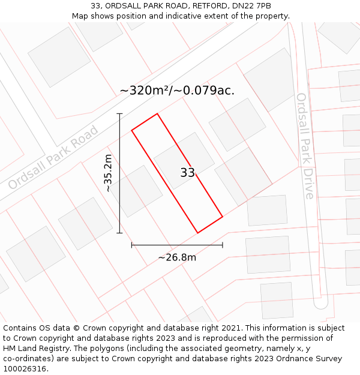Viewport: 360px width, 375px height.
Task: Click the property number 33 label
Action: point(187,173)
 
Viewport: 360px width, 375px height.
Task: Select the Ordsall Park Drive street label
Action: point(305,146)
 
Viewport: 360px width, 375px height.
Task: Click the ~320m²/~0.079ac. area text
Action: point(177,91)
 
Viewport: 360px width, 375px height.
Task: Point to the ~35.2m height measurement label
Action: point(108,173)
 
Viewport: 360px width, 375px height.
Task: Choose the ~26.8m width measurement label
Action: point(177,257)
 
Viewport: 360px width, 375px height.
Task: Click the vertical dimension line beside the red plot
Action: point(119,173)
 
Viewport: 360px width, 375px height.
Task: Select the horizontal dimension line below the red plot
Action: point(177,245)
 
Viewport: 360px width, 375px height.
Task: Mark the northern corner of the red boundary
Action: point(157,113)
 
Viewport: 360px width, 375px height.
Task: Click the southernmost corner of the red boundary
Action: point(197,233)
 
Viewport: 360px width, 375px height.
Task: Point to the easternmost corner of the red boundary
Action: point(223,217)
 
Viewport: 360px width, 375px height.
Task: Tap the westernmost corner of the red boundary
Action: point(131,129)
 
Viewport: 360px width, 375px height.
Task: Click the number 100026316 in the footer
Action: point(25,369)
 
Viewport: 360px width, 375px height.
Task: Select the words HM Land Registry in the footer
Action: point(35,349)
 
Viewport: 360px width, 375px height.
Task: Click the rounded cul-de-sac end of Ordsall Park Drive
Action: point(321,303)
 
